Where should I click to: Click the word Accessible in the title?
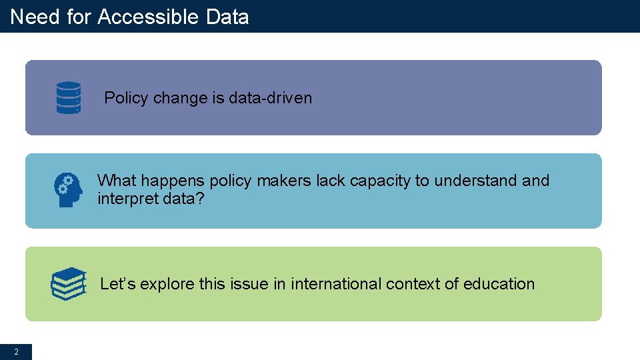click(x=149, y=17)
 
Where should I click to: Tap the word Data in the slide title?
click(x=227, y=17)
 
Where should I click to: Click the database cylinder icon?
click(x=69, y=98)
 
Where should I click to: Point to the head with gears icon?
click(x=68, y=190)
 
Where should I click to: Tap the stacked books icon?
click(x=69, y=284)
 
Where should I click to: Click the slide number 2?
click(x=16, y=351)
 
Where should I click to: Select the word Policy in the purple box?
click(x=126, y=98)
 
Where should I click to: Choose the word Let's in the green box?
click(x=118, y=284)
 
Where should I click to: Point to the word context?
click(x=413, y=284)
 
